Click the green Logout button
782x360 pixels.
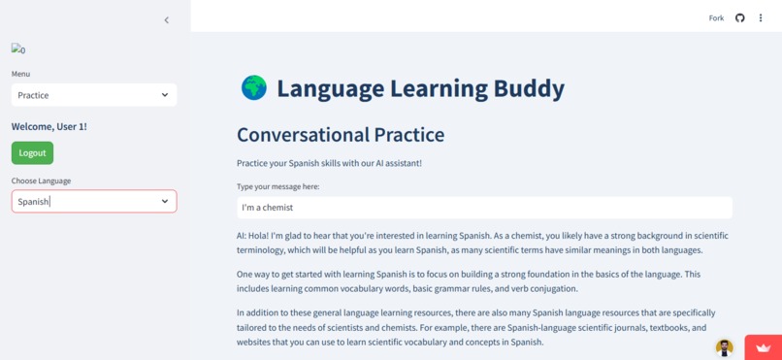click(32, 153)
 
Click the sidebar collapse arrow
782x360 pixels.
click(166, 19)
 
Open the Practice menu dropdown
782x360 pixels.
click(94, 95)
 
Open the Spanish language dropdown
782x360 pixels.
click(94, 202)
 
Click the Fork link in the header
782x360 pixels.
click(716, 18)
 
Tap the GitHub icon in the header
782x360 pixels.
click(739, 18)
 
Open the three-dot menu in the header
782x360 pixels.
click(761, 18)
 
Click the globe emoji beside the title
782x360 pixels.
click(253, 88)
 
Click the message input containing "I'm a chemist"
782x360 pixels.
click(484, 208)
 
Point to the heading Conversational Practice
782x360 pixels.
click(341, 135)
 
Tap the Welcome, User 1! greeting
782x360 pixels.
click(49, 127)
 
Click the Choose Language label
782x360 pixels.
click(41, 180)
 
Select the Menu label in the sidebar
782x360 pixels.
click(20, 74)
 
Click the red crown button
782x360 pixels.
click(763, 347)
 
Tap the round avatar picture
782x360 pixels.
click(724, 347)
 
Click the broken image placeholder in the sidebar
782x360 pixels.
click(18, 49)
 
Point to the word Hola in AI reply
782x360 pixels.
click(261, 236)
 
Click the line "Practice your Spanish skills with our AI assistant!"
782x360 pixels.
click(329, 163)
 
